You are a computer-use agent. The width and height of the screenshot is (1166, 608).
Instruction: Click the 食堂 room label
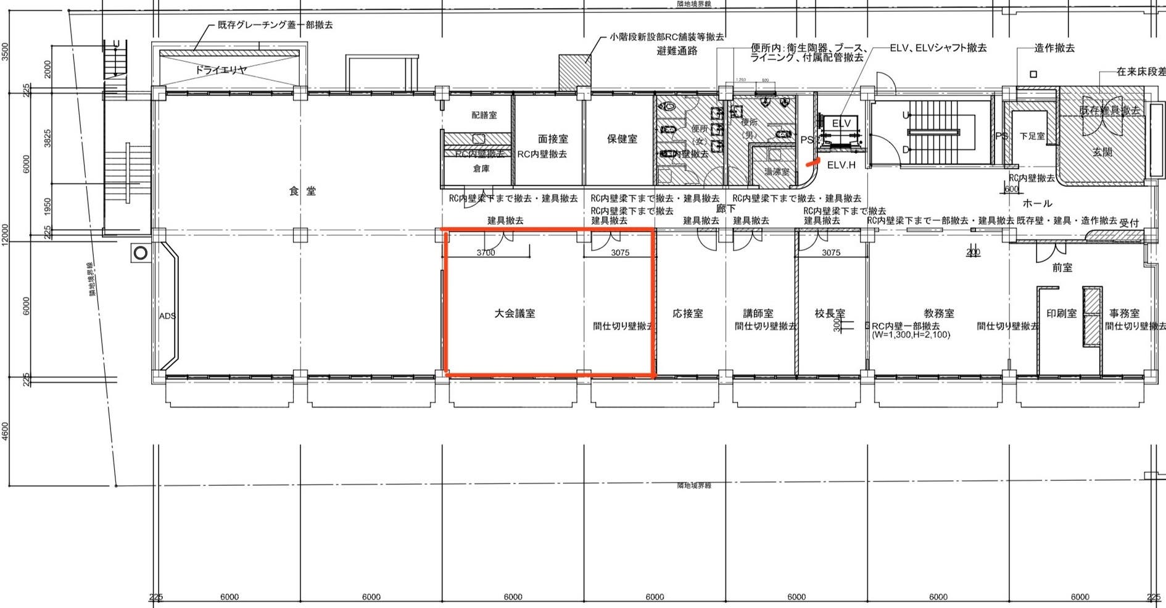302,191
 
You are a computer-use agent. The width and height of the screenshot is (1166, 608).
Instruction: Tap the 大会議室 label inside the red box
515,314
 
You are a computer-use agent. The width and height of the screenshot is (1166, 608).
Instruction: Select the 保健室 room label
622,139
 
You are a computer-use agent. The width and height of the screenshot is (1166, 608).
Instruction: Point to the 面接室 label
553,140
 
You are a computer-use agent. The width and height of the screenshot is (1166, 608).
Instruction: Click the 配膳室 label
484,115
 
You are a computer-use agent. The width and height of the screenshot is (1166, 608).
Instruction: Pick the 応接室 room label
687,314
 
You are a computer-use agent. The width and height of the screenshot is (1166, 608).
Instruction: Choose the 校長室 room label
829,314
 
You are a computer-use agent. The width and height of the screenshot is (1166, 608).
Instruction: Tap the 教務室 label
938,314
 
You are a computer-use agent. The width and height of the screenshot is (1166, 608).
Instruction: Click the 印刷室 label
1061,314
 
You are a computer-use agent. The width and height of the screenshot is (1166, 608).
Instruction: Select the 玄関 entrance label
1102,151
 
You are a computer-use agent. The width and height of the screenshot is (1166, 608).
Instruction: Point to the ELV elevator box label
841,123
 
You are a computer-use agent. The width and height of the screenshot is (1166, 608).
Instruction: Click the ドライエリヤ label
221,70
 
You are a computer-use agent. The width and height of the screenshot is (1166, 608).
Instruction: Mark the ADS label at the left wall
167,316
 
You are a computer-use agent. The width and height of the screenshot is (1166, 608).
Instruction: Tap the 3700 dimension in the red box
486,252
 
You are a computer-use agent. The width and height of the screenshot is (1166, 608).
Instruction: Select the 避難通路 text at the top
677,51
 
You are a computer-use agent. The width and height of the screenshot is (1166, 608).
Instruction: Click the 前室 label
1062,267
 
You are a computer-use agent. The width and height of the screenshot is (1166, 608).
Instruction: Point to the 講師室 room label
758,314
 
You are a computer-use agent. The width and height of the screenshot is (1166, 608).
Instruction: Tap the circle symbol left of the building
140,252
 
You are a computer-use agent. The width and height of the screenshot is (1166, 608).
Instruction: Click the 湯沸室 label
776,172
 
